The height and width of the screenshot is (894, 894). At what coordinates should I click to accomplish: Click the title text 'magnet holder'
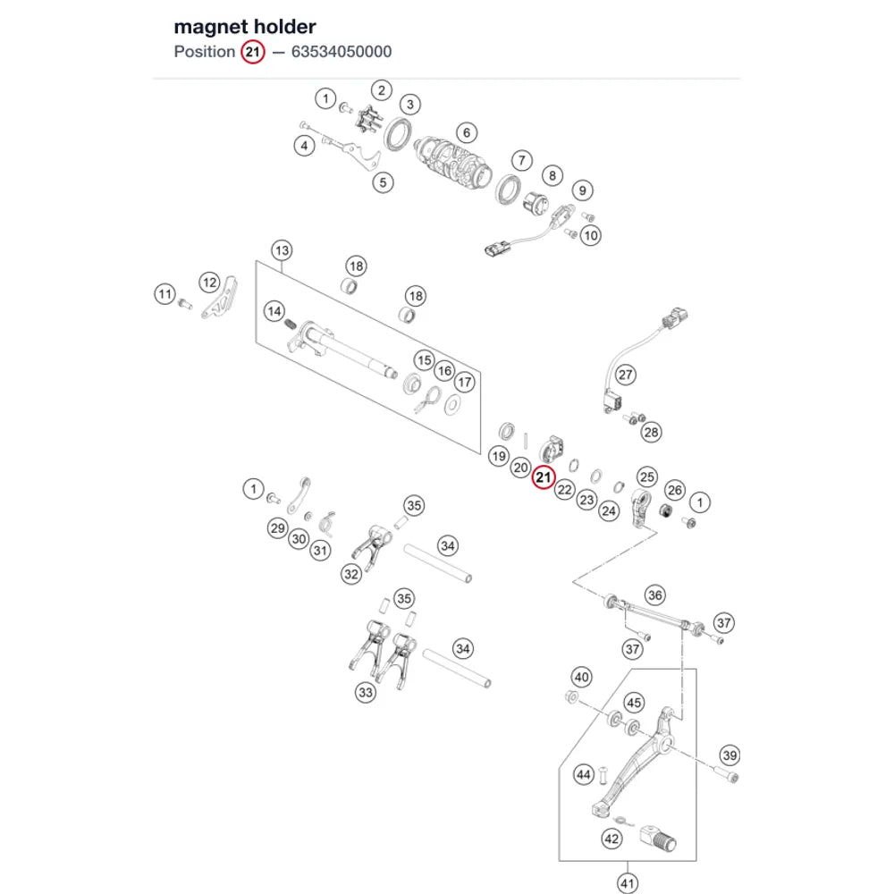pos(245,27)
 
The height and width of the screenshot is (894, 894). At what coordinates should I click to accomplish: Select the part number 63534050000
pos(342,52)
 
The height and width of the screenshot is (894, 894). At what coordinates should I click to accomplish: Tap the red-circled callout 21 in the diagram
pos(544,477)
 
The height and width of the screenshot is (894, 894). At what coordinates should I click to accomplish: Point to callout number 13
pos(283,250)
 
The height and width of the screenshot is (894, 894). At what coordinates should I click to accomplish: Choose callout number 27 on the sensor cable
pos(626,375)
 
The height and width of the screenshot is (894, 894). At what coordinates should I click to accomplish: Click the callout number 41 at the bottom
pos(628,883)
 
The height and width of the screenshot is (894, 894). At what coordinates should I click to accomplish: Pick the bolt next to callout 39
pos(725,773)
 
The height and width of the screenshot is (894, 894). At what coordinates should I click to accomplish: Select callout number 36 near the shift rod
pos(655,595)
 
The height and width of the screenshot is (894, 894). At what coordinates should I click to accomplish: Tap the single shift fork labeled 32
pos(372,546)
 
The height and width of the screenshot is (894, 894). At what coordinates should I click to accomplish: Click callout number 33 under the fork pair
pos(366,693)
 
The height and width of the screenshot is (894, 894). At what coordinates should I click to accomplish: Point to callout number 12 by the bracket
pos(210,283)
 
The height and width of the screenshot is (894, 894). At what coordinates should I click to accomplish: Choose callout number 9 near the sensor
pos(582,190)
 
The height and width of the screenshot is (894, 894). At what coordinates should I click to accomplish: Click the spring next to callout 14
pos(291,325)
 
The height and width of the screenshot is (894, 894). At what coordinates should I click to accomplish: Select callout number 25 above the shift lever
pos(647,477)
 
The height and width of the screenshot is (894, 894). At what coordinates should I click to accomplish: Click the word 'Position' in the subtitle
pos(205,52)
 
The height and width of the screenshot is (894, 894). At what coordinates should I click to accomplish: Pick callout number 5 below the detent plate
pos(384,183)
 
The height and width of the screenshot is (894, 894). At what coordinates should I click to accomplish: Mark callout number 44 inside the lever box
pos(583,774)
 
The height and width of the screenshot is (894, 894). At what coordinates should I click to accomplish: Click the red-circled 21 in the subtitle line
pos(253,53)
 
